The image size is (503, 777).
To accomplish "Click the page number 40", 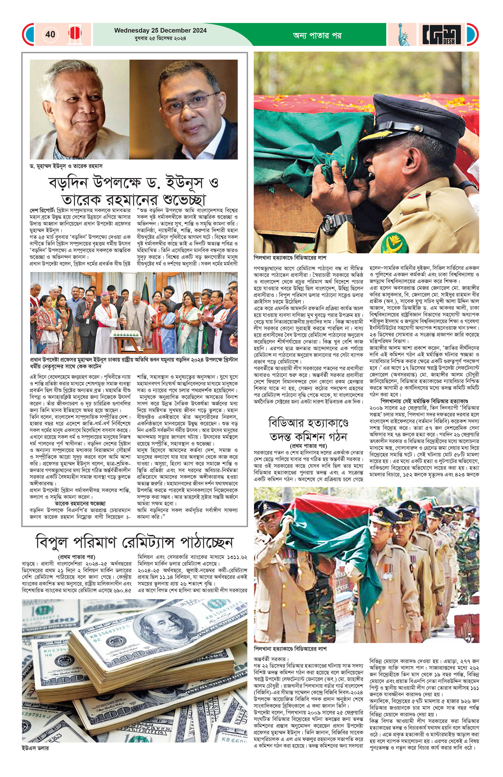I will click(50, 34).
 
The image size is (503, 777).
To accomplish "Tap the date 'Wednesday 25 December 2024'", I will click(160, 30).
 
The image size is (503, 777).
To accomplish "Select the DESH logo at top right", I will click(441, 34).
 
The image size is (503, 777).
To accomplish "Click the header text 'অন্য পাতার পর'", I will click(317, 35).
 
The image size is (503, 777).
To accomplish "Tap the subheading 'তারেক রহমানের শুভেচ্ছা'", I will click(80, 503).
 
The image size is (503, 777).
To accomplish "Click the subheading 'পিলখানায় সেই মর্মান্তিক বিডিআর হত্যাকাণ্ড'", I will click(424, 401).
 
